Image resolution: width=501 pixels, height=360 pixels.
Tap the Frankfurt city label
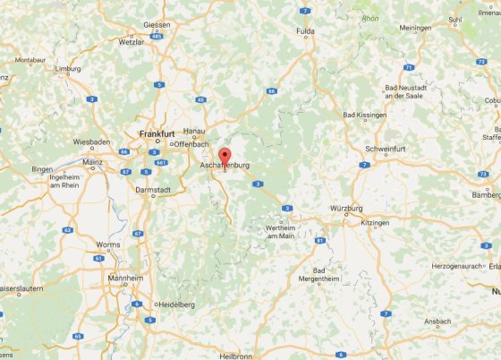pos(156,133)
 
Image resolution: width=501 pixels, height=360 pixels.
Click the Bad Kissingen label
pos(363,115)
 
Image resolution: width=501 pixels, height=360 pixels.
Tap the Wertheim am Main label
pos(267,232)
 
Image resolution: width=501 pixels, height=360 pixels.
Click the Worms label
pos(108,244)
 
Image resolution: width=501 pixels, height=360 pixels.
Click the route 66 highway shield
pos(271,90)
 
